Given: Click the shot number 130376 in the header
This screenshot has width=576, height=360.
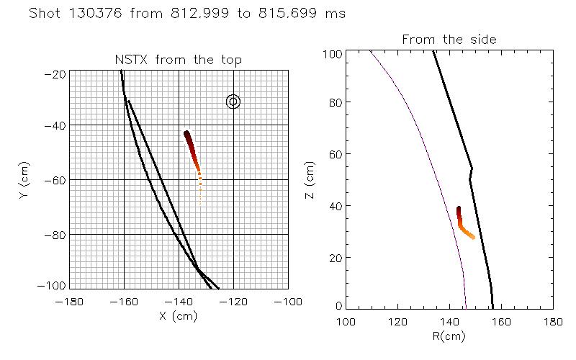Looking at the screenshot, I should (102, 14).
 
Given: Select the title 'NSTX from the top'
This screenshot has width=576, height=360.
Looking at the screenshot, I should (179, 60).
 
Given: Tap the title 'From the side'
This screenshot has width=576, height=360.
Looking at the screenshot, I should (449, 40).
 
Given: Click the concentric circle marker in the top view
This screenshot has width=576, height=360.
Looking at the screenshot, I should (233, 102).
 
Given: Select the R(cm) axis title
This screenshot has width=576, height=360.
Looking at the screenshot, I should (450, 335).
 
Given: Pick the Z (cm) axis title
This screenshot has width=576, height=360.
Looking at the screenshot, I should (310, 179).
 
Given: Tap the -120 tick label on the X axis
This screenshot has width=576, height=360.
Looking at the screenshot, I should (233, 301).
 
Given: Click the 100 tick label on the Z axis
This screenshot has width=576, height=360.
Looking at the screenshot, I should (333, 53).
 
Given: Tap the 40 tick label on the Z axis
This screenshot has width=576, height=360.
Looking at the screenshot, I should (336, 205).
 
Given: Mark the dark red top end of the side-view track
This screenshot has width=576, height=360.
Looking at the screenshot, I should (459, 210).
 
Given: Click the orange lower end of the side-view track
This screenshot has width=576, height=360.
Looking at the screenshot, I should (473, 237).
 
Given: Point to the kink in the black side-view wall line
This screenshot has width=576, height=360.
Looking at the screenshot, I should (472, 169).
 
